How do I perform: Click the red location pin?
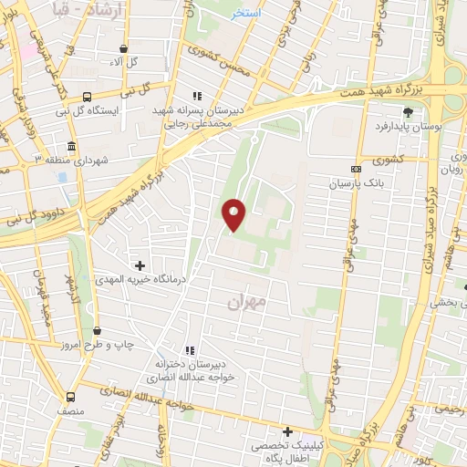234,213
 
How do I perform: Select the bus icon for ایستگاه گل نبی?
87,97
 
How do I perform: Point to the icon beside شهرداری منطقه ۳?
71,147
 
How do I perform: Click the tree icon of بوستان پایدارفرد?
407,112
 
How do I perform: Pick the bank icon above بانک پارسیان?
356,169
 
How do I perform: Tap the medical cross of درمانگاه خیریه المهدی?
140,265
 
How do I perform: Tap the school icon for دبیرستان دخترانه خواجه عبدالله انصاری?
190,349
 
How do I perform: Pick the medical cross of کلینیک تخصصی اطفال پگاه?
287,431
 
